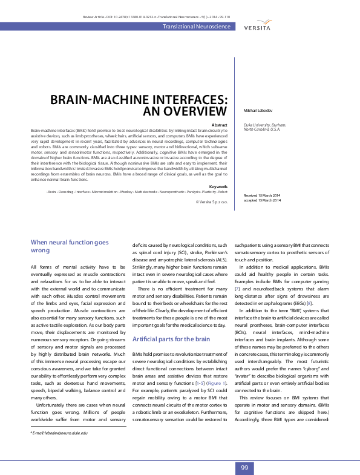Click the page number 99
pos(244,468)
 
